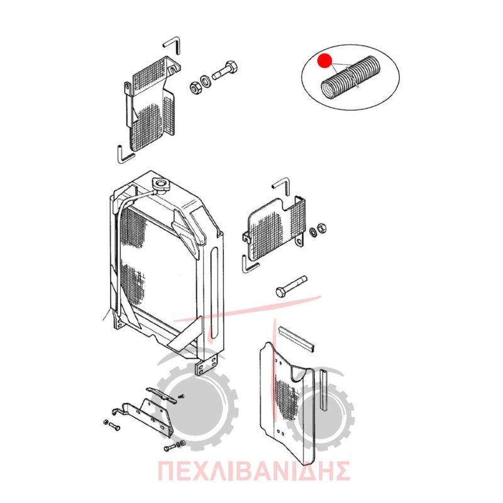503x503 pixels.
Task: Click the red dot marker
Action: (324, 60)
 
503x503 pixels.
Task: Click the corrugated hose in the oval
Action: (351, 77)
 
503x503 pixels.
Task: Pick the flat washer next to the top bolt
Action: (205, 80)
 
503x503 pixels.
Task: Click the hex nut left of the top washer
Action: (195, 87)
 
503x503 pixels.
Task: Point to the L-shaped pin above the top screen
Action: (172, 45)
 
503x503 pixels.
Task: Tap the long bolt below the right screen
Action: (291, 286)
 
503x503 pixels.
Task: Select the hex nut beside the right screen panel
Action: (321, 228)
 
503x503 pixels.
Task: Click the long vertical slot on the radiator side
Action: (214, 293)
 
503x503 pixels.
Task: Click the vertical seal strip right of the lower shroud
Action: (324, 390)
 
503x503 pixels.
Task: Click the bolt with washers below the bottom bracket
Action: (175, 446)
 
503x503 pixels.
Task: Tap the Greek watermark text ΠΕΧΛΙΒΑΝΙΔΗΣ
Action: (253, 471)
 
